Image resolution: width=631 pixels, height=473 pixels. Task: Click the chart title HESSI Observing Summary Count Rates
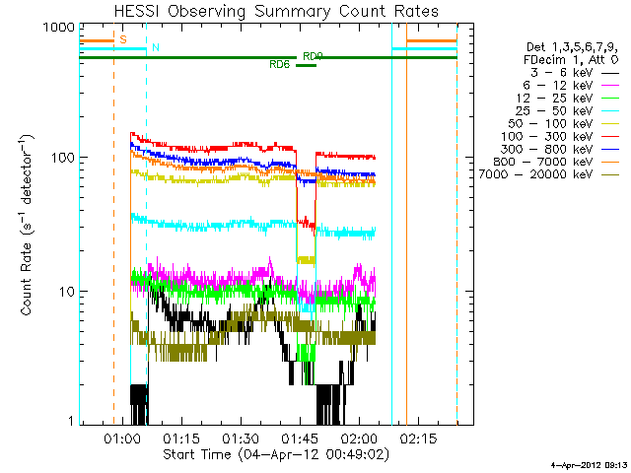(276, 12)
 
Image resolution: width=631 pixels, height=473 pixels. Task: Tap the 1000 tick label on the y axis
(59, 28)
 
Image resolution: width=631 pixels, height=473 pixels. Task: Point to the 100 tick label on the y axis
(63, 158)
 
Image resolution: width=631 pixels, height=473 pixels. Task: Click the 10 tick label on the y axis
(67, 292)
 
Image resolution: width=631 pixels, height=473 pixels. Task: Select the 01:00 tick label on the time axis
(122, 438)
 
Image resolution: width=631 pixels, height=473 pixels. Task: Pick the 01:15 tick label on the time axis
(181, 438)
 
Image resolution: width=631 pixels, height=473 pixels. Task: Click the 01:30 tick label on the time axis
(241, 438)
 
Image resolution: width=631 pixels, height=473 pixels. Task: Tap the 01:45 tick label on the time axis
(300, 438)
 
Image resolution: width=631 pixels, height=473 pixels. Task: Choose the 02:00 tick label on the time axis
(359, 438)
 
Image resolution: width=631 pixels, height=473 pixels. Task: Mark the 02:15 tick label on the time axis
(418, 438)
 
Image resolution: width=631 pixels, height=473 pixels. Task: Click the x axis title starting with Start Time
(276, 454)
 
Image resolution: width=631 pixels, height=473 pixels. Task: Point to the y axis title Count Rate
(27, 226)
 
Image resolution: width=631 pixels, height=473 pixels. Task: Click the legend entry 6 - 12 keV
(571, 86)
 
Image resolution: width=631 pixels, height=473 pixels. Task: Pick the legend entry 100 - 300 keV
(559, 136)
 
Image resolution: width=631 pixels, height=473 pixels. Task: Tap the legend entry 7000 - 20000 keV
(548, 174)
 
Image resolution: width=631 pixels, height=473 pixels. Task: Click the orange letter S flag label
(123, 39)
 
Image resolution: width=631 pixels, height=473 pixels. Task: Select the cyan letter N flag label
(156, 47)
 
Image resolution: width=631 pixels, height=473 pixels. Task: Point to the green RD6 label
(280, 64)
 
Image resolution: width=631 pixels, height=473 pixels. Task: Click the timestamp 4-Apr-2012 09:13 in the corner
(590, 465)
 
